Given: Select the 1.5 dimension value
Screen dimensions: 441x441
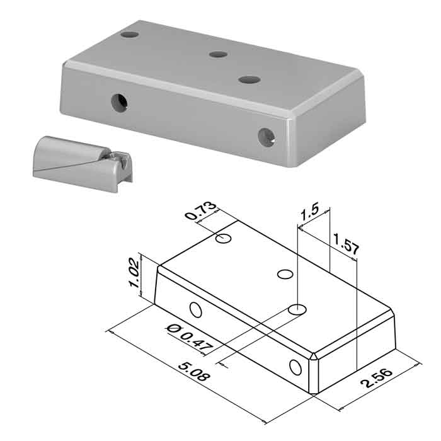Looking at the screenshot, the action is click(x=309, y=212).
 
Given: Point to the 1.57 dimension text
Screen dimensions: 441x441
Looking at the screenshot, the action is click(x=346, y=244).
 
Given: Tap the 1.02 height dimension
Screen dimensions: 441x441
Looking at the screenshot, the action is click(x=134, y=273).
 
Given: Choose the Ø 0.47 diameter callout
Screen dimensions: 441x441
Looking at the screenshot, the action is click(x=190, y=339).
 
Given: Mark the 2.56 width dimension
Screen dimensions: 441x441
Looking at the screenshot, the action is click(x=377, y=378).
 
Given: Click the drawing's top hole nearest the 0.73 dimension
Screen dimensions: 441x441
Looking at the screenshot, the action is click(x=224, y=239).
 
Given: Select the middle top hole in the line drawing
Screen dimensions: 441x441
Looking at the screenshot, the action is click(x=285, y=274).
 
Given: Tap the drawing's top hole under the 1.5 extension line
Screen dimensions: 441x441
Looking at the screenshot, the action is click(x=297, y=309).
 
